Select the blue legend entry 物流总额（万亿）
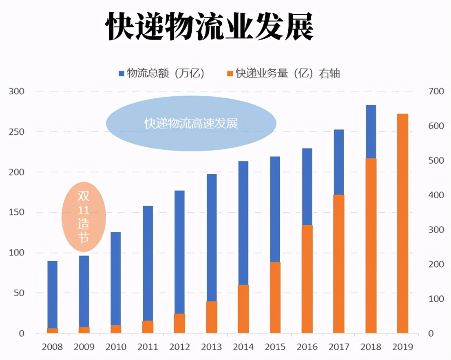coord(161,73)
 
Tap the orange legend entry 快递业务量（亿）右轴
coord(283,73)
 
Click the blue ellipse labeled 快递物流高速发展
coord(191,123)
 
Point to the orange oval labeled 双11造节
coord(84,217)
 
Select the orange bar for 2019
coord(402,223)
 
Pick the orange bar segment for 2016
coord(307,279)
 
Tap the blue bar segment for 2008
coord(52,294)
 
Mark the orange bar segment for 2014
coord(243,309)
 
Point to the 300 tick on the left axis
coord(17,91)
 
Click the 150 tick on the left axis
coord(17,213)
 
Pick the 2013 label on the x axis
coord(211,347)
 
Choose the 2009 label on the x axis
coord(84,347)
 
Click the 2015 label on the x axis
coord(275,347)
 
